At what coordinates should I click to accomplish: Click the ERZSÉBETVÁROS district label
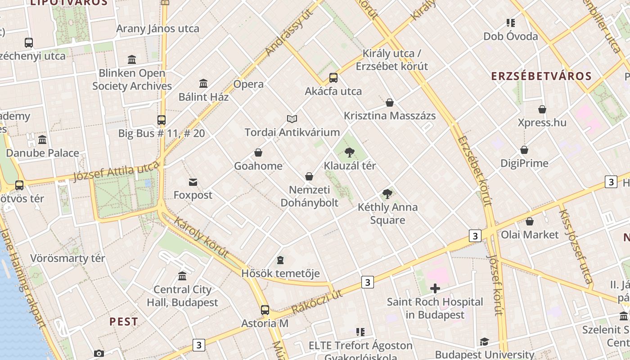click(541, 76)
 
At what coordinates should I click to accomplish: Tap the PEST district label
click(124, 322)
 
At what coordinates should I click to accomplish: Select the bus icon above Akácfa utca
click(333, 77)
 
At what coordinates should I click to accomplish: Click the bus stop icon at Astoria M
click(265, 310)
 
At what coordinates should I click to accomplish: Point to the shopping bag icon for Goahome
click(258, 153)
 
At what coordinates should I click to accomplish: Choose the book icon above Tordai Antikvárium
click(292, 119)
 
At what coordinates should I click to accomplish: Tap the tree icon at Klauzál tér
click(349, 153)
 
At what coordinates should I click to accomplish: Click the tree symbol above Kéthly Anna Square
click(387, 194)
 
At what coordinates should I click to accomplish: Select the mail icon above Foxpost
click(193, 182)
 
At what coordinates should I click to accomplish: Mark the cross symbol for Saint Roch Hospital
click(435, 288)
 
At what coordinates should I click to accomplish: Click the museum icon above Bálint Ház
click(203, 83)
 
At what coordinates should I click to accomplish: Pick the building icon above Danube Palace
click(42, 139)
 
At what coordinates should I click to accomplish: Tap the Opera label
click(248, 84)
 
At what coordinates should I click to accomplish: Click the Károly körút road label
click(201, 237)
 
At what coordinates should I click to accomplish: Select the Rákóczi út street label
click(317, 301)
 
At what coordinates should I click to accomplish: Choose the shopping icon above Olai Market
click(530, 221)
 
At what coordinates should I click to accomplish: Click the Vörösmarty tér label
click(67, 258)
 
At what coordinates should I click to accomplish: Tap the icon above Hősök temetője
click(280, 260)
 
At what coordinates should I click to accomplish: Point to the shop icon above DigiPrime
click(524, 150)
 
